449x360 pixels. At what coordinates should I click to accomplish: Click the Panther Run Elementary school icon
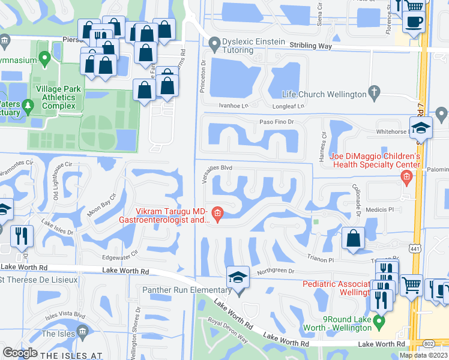[238, 278]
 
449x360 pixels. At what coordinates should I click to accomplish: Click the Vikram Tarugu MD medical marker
[217, 212]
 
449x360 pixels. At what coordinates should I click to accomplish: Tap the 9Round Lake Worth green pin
[378, 323]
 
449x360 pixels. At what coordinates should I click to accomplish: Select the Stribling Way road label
[310, 46]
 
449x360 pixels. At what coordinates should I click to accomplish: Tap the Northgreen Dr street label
[276, 271]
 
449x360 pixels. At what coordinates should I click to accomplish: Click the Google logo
[20, 353]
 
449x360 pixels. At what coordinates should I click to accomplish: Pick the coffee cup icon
[414, 22]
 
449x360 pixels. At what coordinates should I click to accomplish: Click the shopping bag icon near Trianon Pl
[354, 239]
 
